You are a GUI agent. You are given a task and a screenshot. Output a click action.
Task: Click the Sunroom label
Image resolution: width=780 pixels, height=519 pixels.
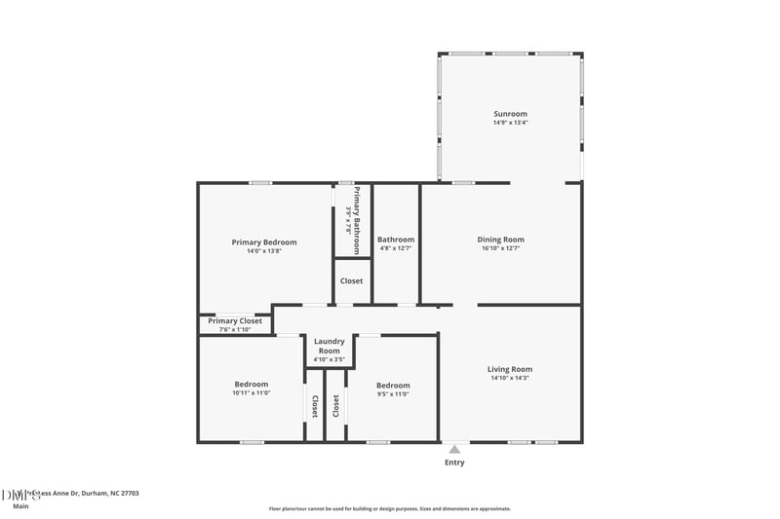coord(510,114)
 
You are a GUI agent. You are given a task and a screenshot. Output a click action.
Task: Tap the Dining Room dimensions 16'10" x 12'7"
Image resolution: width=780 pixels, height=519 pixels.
coord(500,248)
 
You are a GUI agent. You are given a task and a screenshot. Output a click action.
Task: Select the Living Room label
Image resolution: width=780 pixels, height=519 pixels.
coord(510,369)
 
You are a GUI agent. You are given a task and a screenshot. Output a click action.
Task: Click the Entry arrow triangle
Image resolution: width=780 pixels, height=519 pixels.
coord(454,449)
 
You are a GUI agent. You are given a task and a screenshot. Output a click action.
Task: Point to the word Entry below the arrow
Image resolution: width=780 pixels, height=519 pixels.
coord(454,463)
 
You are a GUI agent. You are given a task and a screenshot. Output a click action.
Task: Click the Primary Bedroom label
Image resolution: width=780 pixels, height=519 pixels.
coord(264,242)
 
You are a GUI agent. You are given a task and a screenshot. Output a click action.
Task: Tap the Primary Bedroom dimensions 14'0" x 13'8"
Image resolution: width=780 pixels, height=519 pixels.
coord(264,251)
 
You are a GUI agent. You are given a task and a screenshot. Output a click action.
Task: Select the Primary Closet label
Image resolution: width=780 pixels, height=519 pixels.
coord(235,320)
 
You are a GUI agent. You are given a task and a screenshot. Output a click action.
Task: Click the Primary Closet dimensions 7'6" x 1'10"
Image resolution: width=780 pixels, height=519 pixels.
coord(235,329)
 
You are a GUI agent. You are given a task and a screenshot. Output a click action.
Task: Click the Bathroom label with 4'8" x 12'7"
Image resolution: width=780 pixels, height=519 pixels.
coord(396,240)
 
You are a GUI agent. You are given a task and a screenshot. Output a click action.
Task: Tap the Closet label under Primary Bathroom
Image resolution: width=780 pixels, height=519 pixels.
coord(351,281)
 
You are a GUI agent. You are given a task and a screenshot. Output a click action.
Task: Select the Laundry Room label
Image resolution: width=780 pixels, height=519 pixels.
coord(327,347)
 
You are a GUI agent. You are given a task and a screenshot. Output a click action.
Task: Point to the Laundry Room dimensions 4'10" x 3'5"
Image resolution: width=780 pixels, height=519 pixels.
coord(327,360)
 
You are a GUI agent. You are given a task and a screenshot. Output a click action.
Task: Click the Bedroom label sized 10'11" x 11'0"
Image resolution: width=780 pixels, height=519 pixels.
coord(251,384)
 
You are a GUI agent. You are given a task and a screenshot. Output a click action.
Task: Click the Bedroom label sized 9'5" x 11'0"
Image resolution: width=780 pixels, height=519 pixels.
coord(393,385)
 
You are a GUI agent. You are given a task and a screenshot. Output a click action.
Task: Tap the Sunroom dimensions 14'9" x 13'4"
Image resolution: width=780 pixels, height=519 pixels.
coord(510,123)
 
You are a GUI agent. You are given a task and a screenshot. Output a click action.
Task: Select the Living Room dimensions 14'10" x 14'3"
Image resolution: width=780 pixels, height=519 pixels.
coord(510,378)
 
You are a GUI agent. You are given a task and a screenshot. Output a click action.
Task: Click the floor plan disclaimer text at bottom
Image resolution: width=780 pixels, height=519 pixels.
coord(390,508)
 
